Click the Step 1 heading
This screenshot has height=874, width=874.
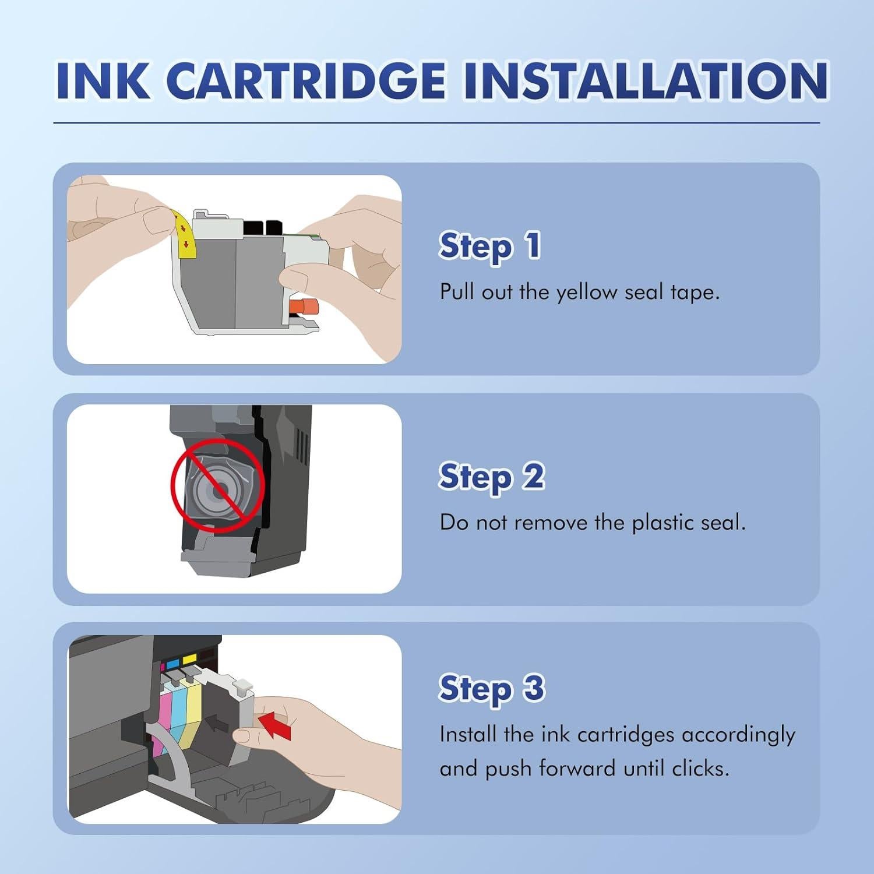(x=489, y=246)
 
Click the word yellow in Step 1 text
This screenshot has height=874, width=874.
(x=586, y=292)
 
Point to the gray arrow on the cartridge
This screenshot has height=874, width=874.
(x=218, y=723)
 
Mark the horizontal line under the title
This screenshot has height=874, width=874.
(x=436, y=123)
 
